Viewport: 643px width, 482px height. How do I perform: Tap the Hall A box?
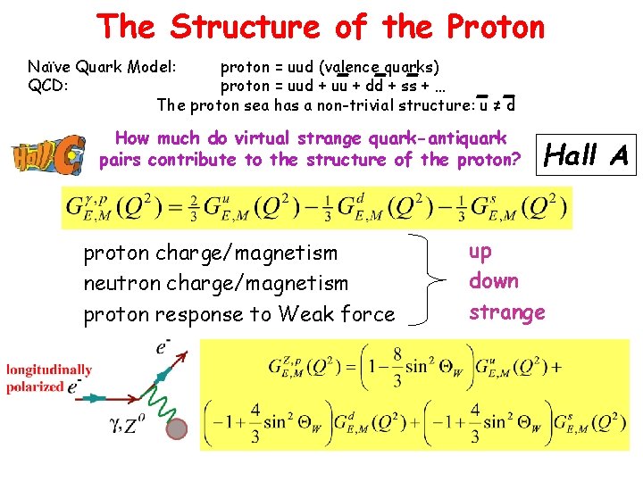[x=587, y=156]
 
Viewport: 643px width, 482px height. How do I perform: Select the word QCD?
[x=47, y=86]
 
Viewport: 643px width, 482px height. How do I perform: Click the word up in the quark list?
[x=480, y=251]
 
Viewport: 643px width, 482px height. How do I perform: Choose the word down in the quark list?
[x=494, y=281]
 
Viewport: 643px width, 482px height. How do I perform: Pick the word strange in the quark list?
[x=506, y=312]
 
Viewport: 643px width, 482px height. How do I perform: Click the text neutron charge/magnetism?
[x=215, y=283]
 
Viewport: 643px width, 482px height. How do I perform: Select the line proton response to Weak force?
[x=238, y=314]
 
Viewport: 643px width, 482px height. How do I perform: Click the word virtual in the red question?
[x=265, y=138]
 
